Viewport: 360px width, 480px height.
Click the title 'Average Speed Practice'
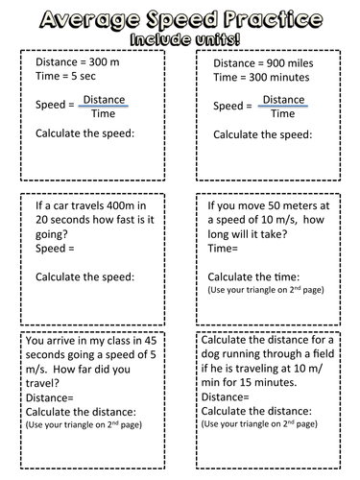point(180,16)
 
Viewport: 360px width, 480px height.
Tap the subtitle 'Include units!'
point(180,39)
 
